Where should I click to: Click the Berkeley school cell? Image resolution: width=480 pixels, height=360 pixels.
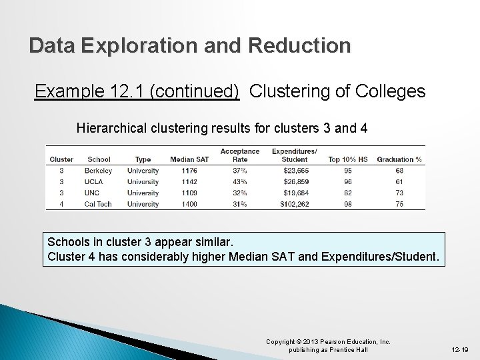tap(99, 171)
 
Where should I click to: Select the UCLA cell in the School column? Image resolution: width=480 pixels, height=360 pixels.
tap(95, 181)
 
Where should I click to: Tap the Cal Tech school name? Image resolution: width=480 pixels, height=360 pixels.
tap(99, 204)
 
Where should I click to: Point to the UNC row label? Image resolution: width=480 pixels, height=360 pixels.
tap(93, 193)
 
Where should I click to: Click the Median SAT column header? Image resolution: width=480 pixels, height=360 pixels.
tap(189, 159)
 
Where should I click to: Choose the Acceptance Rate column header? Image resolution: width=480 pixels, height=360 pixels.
tap(240, 155)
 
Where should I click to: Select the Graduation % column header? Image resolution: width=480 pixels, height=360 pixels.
tap(399, 159)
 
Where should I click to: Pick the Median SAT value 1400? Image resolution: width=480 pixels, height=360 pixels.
tap(189, 204)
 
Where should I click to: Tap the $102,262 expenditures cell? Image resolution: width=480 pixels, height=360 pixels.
tap(295, 204)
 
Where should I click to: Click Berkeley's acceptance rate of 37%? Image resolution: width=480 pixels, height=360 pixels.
tap(240, 171)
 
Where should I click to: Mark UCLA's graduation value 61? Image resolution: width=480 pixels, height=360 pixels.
tap(399, 181)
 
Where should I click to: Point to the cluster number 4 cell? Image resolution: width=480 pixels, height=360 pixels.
tap(61, 204)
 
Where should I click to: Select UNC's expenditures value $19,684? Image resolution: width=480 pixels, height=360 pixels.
tap(295, 193)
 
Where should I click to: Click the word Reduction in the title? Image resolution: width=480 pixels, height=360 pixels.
tap(299, 46)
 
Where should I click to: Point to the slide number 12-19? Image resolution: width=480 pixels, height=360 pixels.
tap(460, 349)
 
